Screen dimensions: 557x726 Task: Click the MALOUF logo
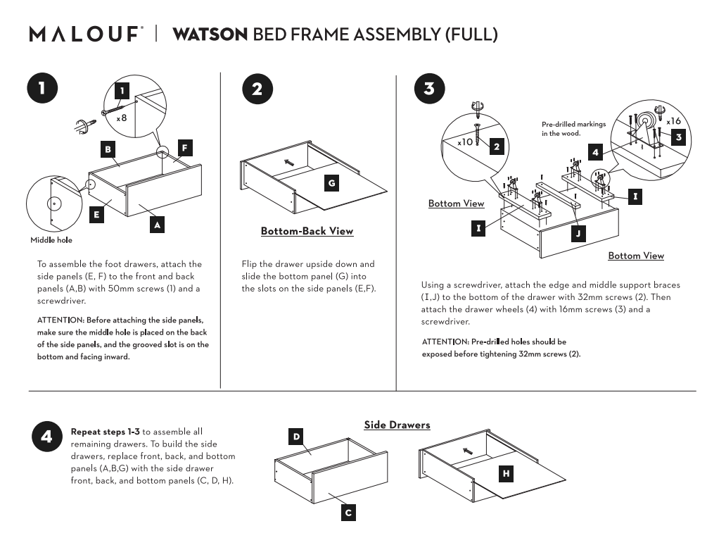pos(86,35)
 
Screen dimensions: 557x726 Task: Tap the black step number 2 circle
pos(256,89)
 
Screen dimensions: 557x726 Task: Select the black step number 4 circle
pos(46,437)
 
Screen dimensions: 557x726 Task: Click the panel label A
pos(158,225)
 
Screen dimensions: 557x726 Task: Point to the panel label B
pos(108,149)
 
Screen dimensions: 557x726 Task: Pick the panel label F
pos(184,148)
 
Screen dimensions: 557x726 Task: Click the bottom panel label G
pos(331,183)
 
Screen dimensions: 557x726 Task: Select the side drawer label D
pos(297,437)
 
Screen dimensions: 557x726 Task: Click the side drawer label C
pos(348,513)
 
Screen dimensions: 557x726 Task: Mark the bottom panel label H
pos(505,474)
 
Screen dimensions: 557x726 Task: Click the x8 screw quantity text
pos(122,118)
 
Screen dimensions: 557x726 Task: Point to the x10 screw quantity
pos(465,142)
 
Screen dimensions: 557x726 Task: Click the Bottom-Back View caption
pos(307,231)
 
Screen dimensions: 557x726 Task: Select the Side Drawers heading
pos(397,425)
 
